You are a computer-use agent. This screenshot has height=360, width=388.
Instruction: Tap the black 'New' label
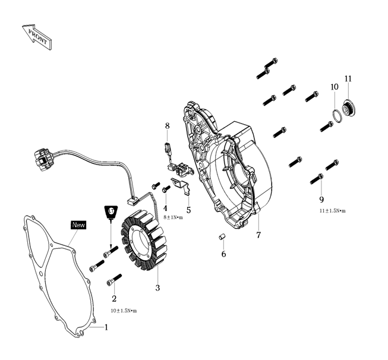click(78, 225)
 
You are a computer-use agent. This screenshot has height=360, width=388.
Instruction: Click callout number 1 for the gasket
click(107, 326)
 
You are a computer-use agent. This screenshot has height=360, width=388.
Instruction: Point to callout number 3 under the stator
click(157, 288)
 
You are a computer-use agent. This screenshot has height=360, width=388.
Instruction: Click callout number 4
click(166, 208)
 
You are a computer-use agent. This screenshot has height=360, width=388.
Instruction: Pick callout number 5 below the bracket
click(188, 210)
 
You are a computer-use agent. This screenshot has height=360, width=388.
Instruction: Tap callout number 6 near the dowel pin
click(224, 254)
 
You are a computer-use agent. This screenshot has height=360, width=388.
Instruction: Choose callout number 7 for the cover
click(258, 235)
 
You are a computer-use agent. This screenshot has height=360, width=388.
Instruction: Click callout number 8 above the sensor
click(168, 126)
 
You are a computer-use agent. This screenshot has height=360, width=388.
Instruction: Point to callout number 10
click(335, 87)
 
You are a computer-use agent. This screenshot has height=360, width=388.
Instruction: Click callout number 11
click(348, 78)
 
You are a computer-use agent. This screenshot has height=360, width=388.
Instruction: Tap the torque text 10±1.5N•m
click(124, 311)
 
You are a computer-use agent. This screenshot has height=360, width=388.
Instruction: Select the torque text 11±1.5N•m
click(332, 210)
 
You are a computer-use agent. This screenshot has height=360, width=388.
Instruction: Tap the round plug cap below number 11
click(348, 108)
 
